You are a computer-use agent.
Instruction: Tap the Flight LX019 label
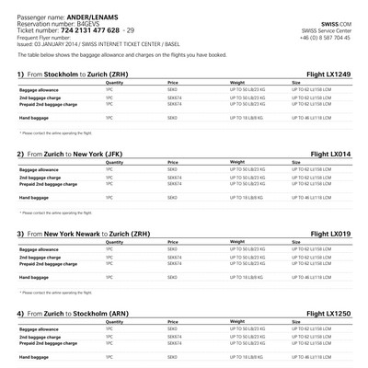click(x=328, y=234)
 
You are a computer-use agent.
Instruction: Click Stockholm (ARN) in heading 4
click(x=121, y=314)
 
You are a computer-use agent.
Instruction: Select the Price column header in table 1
click(x=173, y=82)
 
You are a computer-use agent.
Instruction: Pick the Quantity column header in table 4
click(x=115, y=323)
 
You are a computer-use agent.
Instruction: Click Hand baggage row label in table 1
click(x=34, y=118)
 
